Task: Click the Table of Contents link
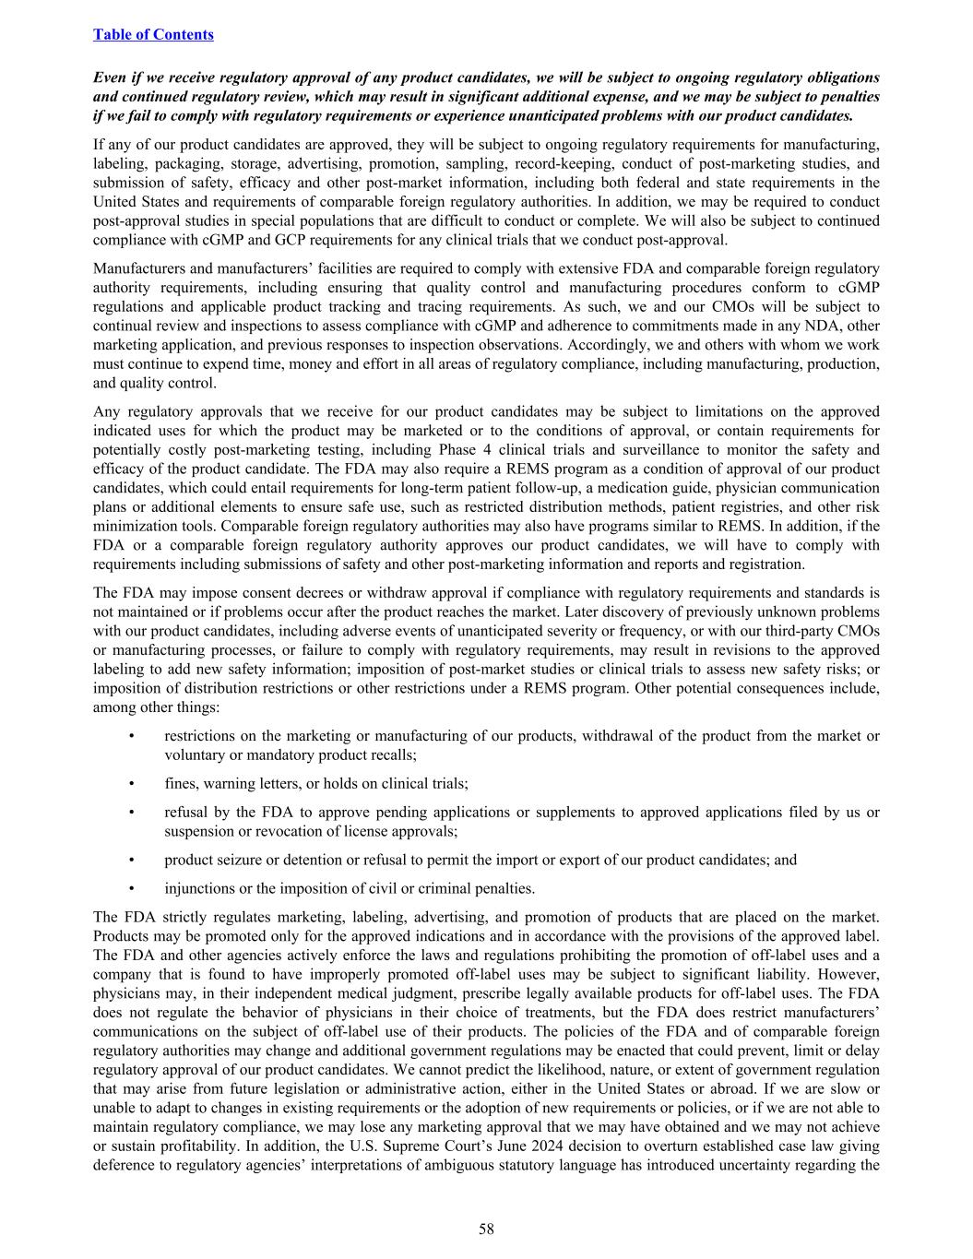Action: pos(153,34)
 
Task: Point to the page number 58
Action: pos(486,1228)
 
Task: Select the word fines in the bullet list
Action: pos(181,783)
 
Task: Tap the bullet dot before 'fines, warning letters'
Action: pos(132,783)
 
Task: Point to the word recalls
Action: pos(392,754)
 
